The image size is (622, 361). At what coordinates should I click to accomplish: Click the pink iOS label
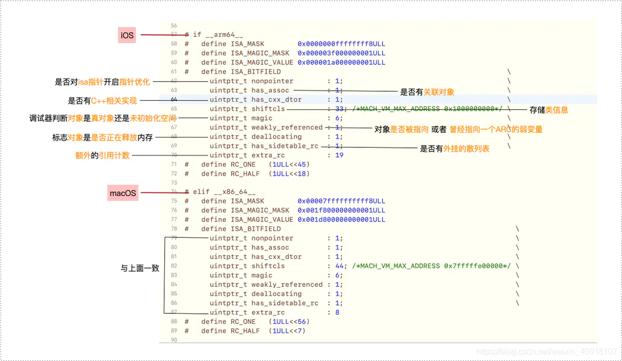tap(127, 35)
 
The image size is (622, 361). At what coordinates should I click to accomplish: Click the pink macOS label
tap(123, 193)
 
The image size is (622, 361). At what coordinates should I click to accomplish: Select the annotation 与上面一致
tap(139, 268)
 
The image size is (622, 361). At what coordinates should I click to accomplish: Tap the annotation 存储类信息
tap(548, 110)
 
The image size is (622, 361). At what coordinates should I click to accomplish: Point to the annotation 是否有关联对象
tap(427, 92)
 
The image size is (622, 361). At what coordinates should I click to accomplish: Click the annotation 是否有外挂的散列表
tap(455, 149)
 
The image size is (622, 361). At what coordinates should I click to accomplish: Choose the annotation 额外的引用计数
tap(102, 155)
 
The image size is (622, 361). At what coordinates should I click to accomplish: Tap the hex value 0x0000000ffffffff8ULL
tap(341, 44)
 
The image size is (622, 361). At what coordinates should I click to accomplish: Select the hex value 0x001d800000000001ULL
tap(341, 219)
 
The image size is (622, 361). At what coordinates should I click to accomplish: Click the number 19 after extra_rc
tap(339, 155)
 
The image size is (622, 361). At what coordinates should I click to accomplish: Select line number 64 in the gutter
tap(174, 99)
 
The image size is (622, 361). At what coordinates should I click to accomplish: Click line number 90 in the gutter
tap(174, 340)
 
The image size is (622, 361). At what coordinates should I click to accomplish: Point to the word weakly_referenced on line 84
tap(287, 284)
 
